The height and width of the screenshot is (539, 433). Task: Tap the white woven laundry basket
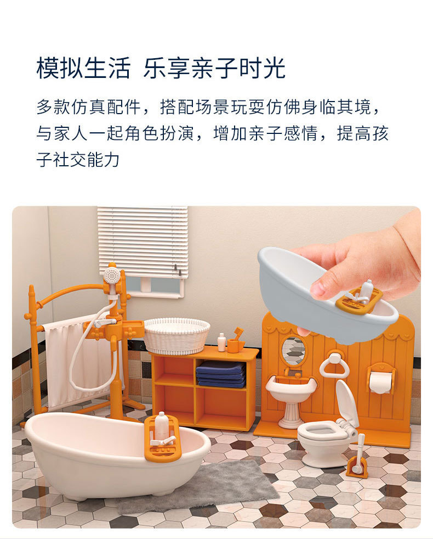click(x=177, y=335)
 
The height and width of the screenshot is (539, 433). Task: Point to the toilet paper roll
click(x=380, y=382)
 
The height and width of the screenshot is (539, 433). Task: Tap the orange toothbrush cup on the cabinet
click(x=233, y=345)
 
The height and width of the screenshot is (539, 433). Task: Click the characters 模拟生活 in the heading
click(x=84, y=68)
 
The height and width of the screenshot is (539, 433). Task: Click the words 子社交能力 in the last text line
click(x=78, y=160)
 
